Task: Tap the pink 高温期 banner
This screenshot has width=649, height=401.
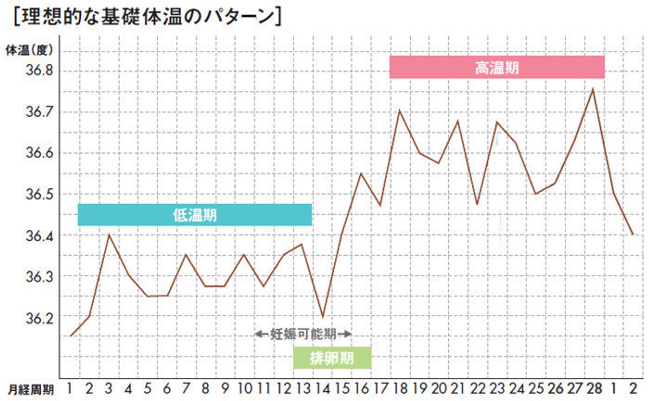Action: tap(496, 68)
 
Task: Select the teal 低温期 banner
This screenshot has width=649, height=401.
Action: tap(195, 215)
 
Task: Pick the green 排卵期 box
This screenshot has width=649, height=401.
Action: tap(332, 358)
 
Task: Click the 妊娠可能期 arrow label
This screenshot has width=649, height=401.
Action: tap(304, 334)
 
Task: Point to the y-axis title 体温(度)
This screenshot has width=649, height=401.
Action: tap(29, 50)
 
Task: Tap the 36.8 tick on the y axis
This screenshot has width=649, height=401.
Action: tap(39, 71)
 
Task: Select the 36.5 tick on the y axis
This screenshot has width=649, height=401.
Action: tap(39, 194)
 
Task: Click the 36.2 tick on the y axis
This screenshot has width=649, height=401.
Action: tap(39, 318)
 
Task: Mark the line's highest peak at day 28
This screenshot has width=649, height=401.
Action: tap(592, 88)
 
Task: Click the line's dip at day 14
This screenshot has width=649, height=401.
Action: tap(322, 317)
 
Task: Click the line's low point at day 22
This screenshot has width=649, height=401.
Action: tap(477, 204)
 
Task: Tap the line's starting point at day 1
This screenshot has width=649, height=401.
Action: tap(70, 336)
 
